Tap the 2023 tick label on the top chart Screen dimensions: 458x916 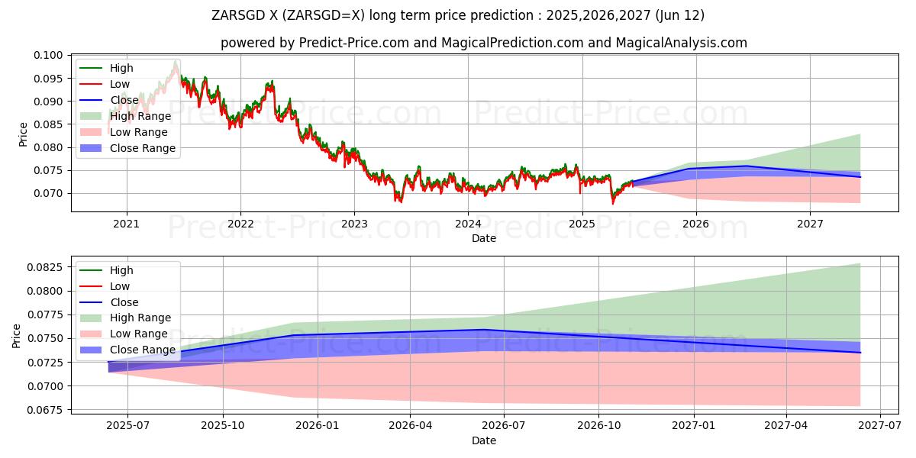tap(353, 224)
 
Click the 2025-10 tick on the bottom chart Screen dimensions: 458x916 tap(223, 425)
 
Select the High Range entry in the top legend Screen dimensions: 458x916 tap(140, 116)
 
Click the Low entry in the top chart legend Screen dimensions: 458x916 tap(120, 84)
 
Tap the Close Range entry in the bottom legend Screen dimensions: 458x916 tap(142, 350)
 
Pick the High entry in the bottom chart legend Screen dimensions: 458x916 tap(121, 270)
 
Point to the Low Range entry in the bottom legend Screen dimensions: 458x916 tap(140, 334)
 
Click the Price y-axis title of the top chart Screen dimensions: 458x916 tap(23, 134)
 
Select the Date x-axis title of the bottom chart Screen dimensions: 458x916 tap(484, 440)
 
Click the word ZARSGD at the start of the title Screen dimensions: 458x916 tap(238, 15)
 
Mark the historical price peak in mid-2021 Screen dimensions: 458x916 tap(176, 63)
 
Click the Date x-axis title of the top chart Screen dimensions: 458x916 tap(484, 238)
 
